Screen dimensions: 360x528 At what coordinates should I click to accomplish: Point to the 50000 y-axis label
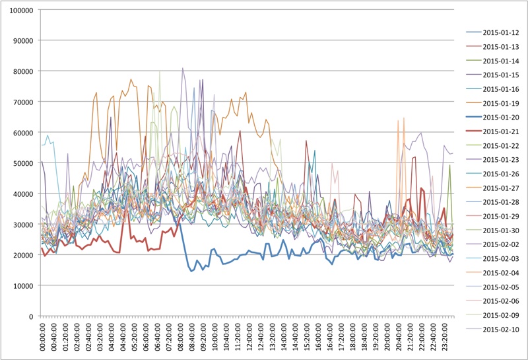(x=24, y=163)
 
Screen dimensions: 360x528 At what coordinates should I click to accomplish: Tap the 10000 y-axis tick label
(x=24, y=285)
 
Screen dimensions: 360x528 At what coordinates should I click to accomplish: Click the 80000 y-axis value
(x=24, y=71)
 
